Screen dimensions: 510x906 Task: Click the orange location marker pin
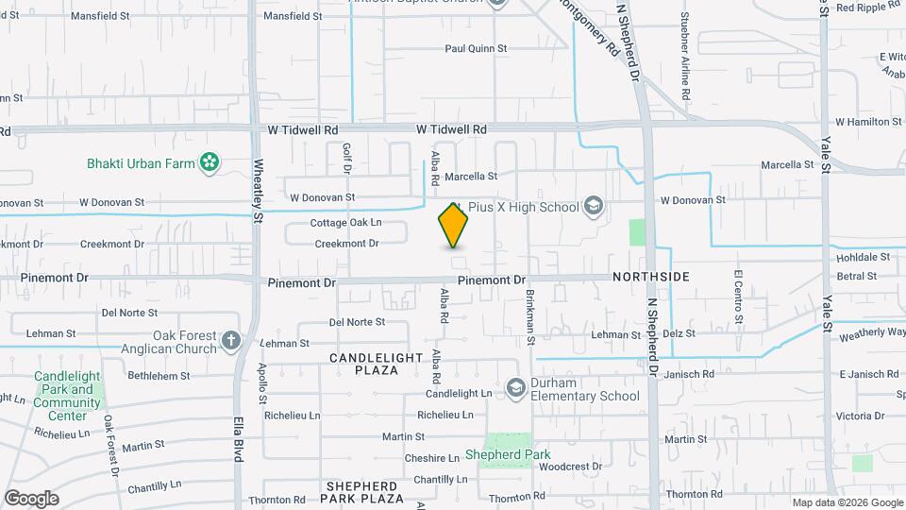[x=453, y=225]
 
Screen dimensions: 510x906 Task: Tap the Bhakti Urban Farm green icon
[x=210, y=163]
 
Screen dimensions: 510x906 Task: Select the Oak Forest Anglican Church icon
[x=231, y=340]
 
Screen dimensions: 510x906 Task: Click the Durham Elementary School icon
[x=515, y=387]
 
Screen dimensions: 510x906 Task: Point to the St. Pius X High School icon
[x=594, y=206]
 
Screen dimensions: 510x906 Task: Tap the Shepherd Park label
[x=508, y=454]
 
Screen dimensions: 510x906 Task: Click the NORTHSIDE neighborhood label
[x=650, y=276]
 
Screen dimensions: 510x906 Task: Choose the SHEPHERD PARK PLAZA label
[x=362, y=491]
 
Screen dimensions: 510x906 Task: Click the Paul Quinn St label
[x=476, y=48]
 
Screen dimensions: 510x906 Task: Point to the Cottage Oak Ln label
[x=345, y=223]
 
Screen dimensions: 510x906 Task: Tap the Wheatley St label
[x=258, y=189]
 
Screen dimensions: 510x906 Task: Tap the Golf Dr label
[x=346, y=159]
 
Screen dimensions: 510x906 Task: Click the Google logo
[x=31, y=498]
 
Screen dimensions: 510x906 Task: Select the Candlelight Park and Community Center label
[x=66, y=396]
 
